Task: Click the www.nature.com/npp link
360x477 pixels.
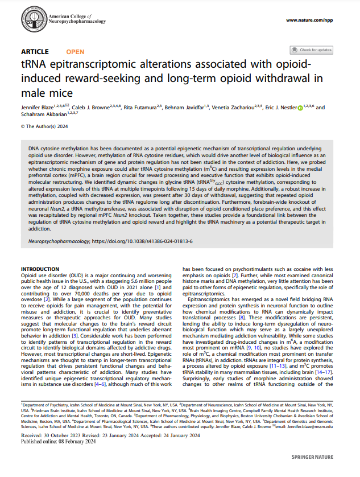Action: pyautogui.click(x=313, y=20)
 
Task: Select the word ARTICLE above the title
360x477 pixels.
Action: pyautogui.click(x=35, y=52)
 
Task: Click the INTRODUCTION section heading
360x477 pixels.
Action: pyautogui.click(x=44, y=268)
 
